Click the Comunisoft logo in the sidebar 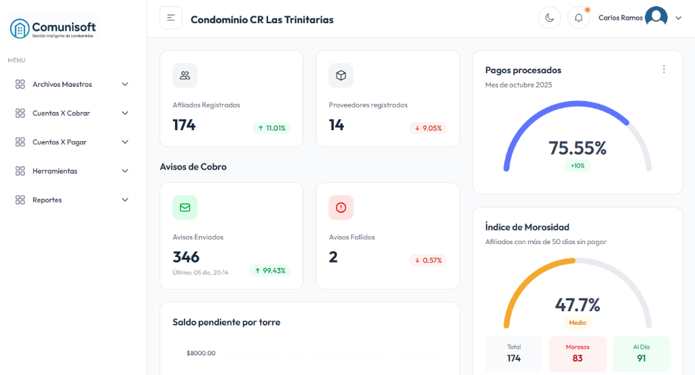(53, 28)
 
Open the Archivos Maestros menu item (62, 85)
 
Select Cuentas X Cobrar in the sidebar (61, 113)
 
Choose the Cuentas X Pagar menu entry (59, 142)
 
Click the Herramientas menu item (54, 171)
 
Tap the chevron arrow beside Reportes (125, 200)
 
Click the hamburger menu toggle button (171, 18)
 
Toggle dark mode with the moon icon (549, 18)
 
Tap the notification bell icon (578, 18)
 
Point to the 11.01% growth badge (271, 128)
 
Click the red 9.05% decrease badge (428, 128)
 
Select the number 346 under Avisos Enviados (186, 257)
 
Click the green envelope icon (185, 208)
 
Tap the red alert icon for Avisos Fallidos (341, 208)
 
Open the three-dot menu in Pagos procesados (663, 69)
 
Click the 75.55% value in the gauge (577, 148)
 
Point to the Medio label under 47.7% (578, 323)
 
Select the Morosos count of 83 (578, 358)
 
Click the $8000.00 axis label (201, 353)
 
